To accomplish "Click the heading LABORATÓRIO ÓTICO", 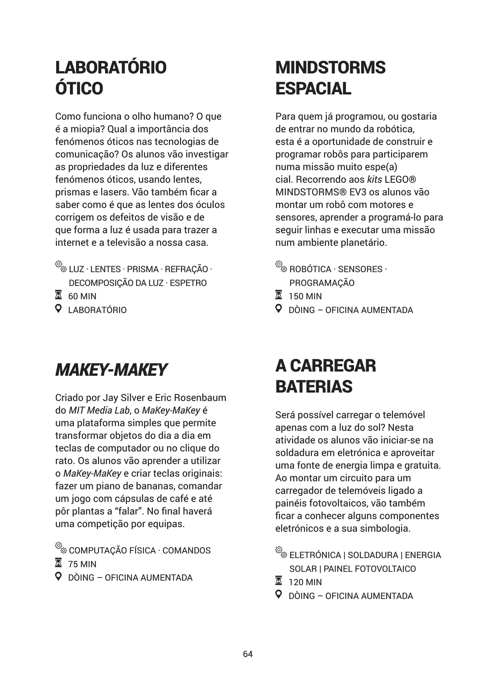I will (x=111, y=78).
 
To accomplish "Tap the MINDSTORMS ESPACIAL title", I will (x=330, y=78).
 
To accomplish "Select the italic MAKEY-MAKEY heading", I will (x=111, y=370).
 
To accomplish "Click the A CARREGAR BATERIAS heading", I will (x=325, y=376).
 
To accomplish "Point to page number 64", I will (x=248, y=654).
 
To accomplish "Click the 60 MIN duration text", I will (x=82, y=296).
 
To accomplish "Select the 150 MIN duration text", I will (x=305, y=296).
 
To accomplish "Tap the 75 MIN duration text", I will (x=82, y=564).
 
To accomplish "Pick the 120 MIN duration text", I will (x=305, y=582).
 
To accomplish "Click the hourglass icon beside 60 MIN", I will (x=58, y=295).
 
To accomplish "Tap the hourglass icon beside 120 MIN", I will (x=279, y=581).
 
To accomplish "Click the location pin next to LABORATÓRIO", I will (x=58, y=308).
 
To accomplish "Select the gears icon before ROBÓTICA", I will (x=281, y=266).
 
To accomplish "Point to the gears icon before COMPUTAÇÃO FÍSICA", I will (x=60, y=547).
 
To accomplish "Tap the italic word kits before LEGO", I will (x=374, y=180).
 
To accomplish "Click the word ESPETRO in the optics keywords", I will (x=188, y=283).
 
